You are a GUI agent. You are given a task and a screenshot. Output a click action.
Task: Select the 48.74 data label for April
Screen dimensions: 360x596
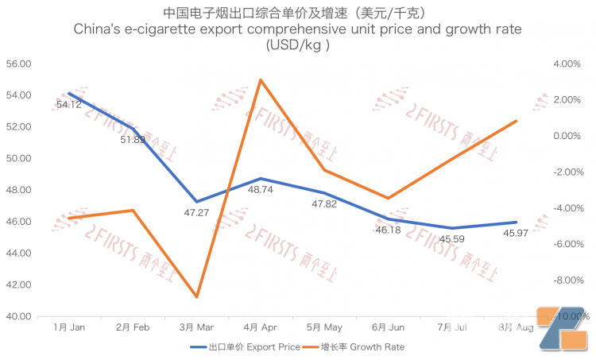pyautogui.click(x=262, y=191)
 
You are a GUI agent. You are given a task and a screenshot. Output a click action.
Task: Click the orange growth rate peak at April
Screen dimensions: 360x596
pyautogui.click(x=261, y=79)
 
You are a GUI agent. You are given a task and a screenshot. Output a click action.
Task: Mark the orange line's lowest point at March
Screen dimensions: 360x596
pyautogui.click(x=196, y=297)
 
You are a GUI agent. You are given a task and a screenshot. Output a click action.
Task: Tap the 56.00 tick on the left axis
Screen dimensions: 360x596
pyautogui.click(x=17, y=64)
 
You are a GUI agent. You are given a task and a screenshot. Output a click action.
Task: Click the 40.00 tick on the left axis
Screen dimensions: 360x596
pyautogui.click(x=17, y=316)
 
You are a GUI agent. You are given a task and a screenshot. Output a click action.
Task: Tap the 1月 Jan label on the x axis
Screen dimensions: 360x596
pyautogui.click(x=70, y=327)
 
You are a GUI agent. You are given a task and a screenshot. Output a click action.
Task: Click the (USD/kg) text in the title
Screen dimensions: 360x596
pyautogui.click(x=297, y=45)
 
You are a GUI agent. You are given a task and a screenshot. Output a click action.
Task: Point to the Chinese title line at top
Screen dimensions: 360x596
pyautogui.click(x=298, y=13)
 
